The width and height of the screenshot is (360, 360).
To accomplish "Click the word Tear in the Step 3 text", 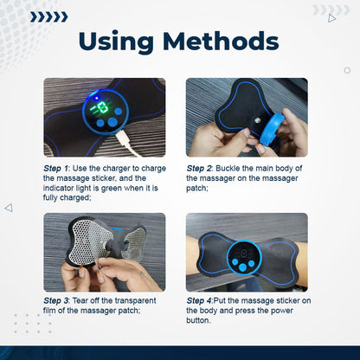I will [x=92, y=299].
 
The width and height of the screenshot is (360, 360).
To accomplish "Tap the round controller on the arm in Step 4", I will [x=246, y=257].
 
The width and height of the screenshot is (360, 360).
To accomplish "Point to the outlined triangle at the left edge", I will [x=9, y=208].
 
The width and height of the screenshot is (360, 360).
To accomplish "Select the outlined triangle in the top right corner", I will [x=331, y=17].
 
